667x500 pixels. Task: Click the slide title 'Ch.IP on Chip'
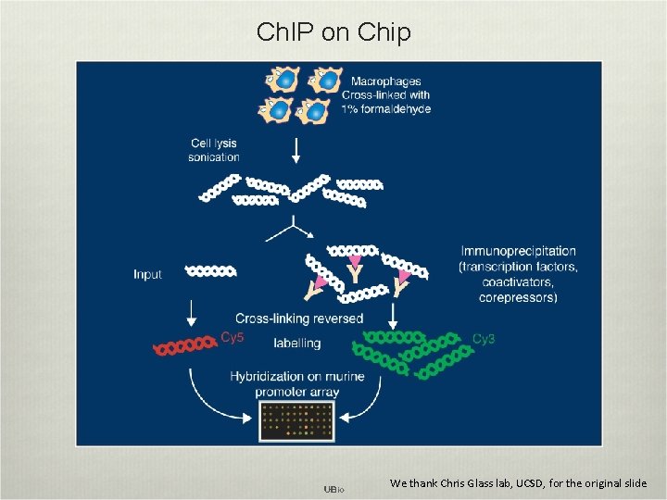coord(333,33)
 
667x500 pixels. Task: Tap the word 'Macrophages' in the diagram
coord(381,81)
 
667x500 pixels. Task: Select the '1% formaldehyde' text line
coord(386,108)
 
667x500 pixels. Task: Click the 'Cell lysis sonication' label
coord(214,150)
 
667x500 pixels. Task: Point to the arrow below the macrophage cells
coord(296,148)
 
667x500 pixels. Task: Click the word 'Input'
coord(147,274)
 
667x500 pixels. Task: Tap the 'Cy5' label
coord(233,338)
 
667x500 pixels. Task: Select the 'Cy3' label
coord(484,339)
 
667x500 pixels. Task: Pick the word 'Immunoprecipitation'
coord(518,251)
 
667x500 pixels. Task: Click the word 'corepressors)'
coord(518,297)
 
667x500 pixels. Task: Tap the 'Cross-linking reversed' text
coord(299,319)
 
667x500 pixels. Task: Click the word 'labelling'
coord(297,343)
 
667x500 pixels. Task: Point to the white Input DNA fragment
coord(211,271)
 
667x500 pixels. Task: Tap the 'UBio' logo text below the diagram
coord(333,488)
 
